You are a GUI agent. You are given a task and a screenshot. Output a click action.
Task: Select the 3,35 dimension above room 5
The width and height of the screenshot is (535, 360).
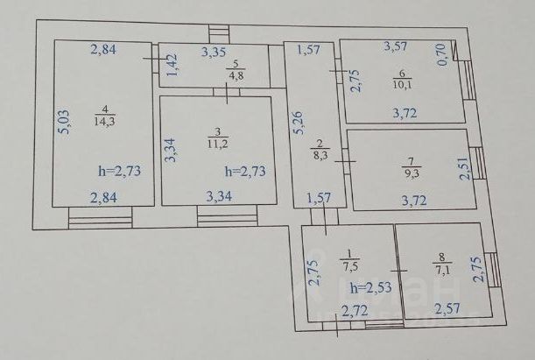click(214, 52)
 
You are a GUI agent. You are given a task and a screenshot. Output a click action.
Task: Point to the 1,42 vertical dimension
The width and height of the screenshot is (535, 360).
click(172, 66)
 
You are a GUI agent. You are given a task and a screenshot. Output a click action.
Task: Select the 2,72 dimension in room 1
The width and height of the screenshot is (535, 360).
click(354, 310)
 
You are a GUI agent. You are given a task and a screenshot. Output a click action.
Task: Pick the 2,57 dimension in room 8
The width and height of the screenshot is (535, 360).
click(448, 309)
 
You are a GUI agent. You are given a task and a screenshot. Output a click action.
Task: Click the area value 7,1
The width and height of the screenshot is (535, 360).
click(440, 270)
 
